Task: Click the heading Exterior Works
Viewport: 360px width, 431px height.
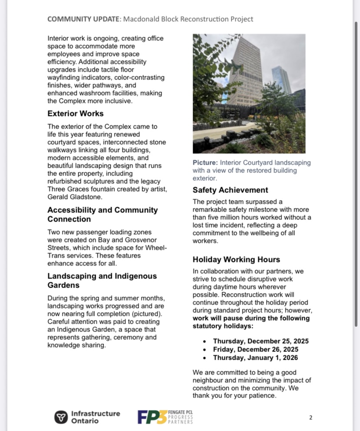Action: [76, 114]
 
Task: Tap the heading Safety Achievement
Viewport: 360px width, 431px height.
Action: [230, 190]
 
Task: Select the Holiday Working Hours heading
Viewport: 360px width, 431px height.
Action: [236, 260]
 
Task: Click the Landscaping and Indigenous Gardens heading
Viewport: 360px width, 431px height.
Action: [102, 281]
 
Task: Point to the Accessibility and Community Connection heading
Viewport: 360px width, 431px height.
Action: [102, 215]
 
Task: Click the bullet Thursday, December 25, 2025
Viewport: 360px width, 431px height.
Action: [255, 341]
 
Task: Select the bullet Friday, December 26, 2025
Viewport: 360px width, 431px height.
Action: [255, 350]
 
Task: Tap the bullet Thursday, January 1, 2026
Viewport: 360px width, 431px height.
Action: [255, 358]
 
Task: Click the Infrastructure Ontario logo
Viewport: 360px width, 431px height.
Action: [87, 417]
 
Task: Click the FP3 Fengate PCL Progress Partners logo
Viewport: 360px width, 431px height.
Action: [165, 417]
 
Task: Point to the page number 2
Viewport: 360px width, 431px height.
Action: [311, 418]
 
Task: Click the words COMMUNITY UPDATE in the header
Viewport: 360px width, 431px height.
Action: [84, 19]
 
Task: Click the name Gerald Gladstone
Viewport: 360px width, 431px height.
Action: [75, 197]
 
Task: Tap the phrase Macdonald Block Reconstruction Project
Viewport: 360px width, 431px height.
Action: [188, 19]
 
